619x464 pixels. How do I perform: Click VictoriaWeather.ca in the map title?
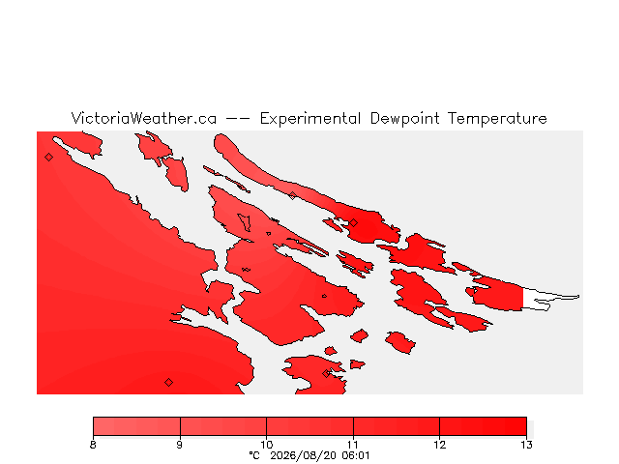tap(144, 118)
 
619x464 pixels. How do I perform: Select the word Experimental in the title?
tap(310, 119)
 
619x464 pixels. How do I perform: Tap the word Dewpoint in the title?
tap(404, 119)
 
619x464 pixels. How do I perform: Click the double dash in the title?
tap(238, 119)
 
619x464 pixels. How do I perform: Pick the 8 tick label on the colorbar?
tap(93, 445)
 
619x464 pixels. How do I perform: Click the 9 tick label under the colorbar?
tap(180, 445)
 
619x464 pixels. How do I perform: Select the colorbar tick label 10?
tap(267, 445)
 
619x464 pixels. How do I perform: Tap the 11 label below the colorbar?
tap(353, 445)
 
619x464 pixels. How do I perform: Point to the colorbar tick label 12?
tap(440, 445)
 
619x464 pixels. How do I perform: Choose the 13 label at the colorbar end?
tap(526, 445)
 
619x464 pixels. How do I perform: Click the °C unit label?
tap(254, 455)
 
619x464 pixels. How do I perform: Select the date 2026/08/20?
tap(303, 455)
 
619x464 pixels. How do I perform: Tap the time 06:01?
tap(355, 455)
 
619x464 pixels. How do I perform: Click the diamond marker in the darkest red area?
tap(353, 223)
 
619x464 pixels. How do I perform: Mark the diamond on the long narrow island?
tap(292, 195)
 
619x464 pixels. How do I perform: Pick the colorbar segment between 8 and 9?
tap(136, 426)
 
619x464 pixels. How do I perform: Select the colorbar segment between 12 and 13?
tap(484, 426)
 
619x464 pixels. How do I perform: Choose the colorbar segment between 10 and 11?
tap(309, 426)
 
